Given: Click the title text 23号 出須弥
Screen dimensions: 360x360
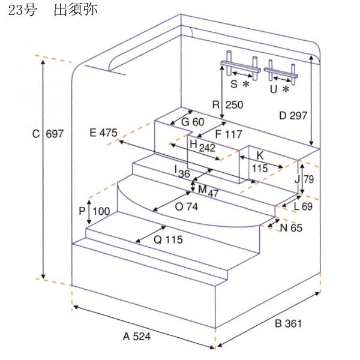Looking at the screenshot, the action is (53, 10).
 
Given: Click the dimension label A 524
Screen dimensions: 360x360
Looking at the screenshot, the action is (137, 337).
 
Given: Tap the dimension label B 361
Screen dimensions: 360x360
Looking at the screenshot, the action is (288, 323).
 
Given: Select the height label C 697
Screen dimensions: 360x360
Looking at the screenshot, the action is (48, 134).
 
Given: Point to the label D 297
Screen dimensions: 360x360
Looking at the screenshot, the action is (293, 115).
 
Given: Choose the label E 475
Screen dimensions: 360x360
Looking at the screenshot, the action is (103, 133).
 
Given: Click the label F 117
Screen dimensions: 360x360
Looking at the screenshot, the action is (229, 134).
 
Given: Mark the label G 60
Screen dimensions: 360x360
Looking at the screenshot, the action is (193, 122).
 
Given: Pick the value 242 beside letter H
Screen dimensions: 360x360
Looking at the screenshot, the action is (207, 148).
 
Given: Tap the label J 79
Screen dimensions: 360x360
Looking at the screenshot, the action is (304, 179).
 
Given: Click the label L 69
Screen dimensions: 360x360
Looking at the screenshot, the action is (303, 206).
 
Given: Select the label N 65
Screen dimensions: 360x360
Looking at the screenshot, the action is (291, 228).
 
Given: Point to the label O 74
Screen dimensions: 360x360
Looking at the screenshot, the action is (187, 207).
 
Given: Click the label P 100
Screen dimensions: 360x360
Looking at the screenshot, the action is (94, 211).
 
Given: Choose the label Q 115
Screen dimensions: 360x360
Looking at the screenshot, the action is (168, 239).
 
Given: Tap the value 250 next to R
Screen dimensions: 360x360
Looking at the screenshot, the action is (234, 105).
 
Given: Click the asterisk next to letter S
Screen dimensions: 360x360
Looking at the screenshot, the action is (246, 84).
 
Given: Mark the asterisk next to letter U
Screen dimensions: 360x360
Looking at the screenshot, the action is (286, 89).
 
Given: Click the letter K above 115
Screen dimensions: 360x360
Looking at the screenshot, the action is (260, 155).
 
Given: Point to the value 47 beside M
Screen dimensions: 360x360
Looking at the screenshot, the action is (213, 194).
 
